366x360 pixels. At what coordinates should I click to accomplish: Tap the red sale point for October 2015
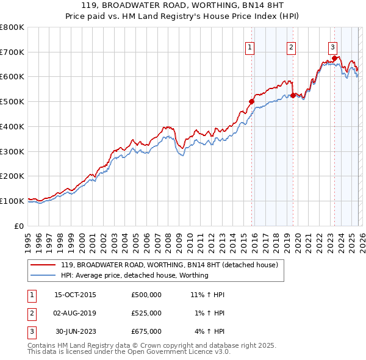(x=251, y=102)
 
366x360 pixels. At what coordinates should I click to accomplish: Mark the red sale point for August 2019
(x=293, y=95)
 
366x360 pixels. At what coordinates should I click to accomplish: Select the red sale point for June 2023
(x=334, y=58)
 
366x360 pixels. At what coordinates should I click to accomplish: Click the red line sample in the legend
(x=43, y=265)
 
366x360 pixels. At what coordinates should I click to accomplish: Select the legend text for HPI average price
(x=134, y=275)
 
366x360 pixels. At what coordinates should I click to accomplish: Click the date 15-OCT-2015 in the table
(x=75, y=295)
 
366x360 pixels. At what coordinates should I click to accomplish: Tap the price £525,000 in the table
(x=146, y=313)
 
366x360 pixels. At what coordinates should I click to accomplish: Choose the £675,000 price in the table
(x=146, y=331)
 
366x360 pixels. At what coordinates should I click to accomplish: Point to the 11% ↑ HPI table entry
(x=207, y=295)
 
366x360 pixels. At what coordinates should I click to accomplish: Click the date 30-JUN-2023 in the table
(x=75, y=331)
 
